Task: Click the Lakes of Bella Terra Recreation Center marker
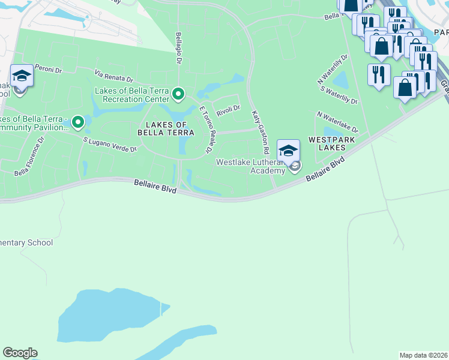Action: (x=178, y=94)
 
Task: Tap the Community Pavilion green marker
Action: (x=77, y=122)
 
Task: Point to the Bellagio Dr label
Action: (x=179, y=48)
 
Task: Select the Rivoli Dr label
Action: (x=228, y=110)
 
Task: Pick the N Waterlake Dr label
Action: (x=337, y=122)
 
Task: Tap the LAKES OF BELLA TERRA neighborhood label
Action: (x=166, y=128)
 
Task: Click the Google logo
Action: (x=20, y=353)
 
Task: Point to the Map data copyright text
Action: (x=423, y=355)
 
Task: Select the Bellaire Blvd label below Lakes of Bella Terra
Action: (x=154, y=188)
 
